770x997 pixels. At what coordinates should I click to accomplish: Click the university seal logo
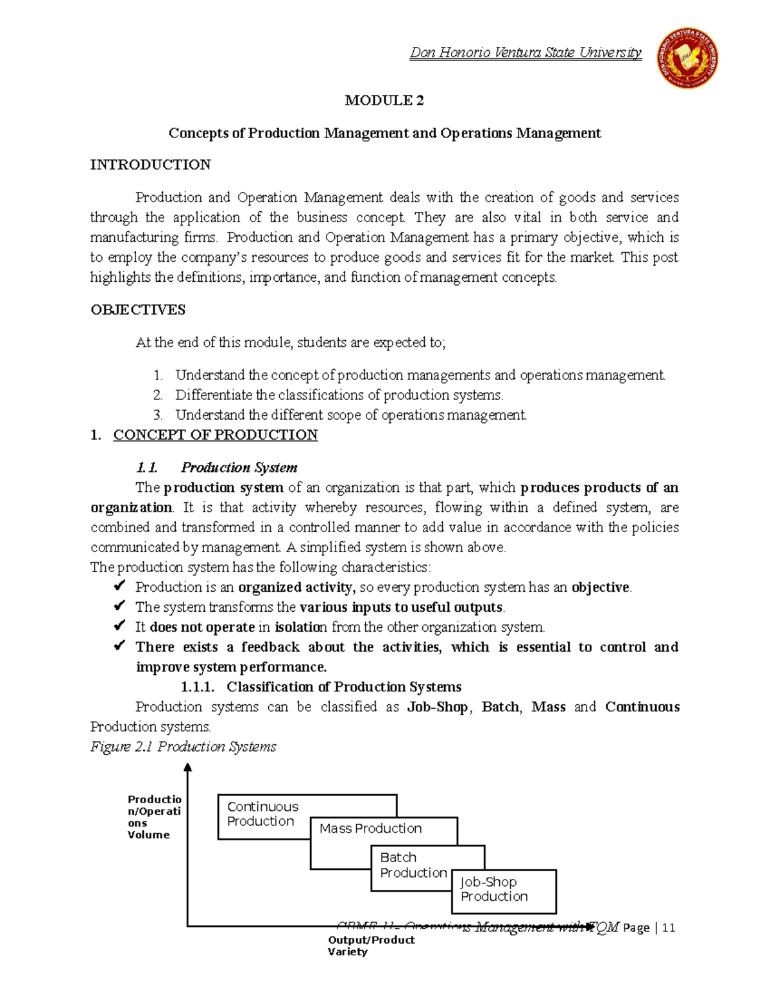[x=687, y=58]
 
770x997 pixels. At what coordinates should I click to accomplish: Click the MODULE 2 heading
[x=384, y=100]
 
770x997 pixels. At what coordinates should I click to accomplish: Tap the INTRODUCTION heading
[x=150, y=165]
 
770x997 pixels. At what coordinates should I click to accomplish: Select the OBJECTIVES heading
[x=138, y=310]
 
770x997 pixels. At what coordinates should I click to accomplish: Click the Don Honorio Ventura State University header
[x=525, y=53]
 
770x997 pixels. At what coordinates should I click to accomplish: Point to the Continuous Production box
[x=263, y=814]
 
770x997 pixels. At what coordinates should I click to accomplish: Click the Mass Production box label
[x=371, y=829]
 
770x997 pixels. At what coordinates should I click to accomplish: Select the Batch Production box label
[x=413, y=865]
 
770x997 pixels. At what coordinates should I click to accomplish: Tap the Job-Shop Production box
[x=494, y=890]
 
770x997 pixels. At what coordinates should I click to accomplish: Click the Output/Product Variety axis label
[x=370, y=946]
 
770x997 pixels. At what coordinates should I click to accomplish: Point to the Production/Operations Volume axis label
[x=154, y=817]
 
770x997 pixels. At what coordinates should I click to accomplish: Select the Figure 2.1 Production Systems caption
[x=184, y=747]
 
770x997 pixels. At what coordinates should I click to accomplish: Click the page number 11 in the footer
[x=669, y=928]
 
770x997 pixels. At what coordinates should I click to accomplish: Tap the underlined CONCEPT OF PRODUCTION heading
[x=215, y=435]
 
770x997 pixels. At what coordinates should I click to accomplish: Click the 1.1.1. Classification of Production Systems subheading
[x=321, y=687]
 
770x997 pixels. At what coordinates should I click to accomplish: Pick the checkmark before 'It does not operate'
[x=119, y=626]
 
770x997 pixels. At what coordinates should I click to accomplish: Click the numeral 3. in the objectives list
[x=158, y=415]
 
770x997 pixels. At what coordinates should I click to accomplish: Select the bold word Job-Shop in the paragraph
[x=438, y=707]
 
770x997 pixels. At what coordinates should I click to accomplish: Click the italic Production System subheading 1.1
[x=239, y=467]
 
